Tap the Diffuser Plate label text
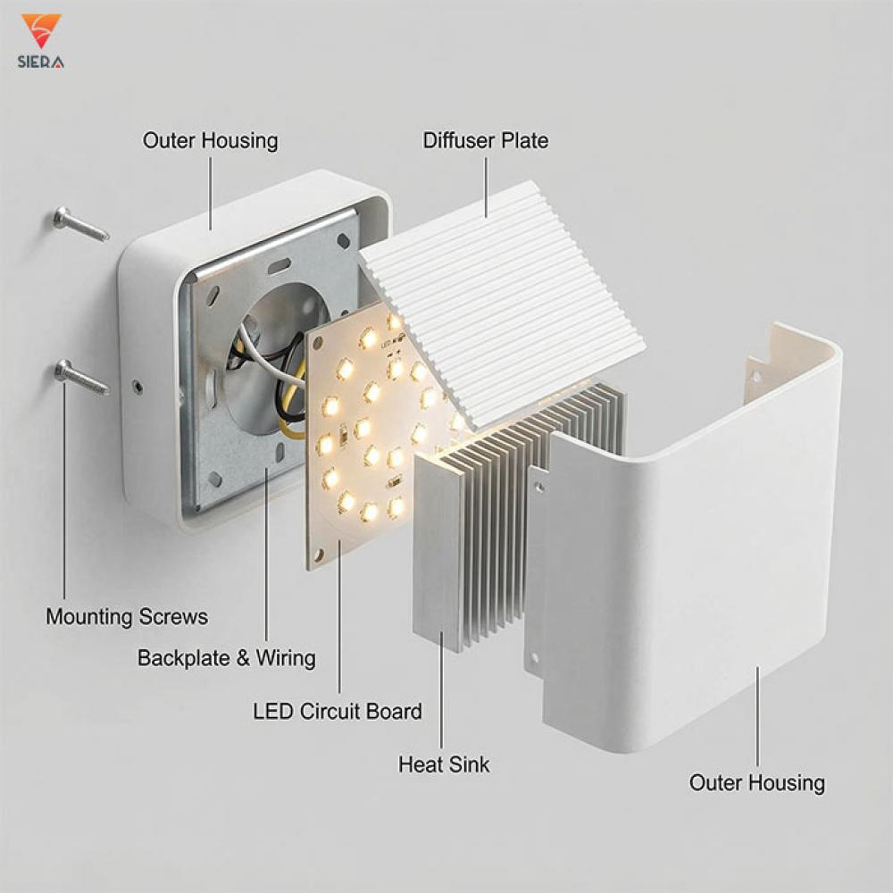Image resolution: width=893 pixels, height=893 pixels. [485, 140]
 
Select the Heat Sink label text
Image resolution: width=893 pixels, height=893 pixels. [444, 764]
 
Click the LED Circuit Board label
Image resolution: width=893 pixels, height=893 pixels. [338, 712]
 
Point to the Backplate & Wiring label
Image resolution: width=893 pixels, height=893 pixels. [226, 659]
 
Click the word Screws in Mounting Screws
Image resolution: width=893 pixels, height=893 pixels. [175, 617]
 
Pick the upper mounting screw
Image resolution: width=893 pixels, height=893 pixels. [79, 222]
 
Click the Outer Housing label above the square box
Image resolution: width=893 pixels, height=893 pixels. [210, 140]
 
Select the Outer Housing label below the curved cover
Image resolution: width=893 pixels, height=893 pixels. [756, 783]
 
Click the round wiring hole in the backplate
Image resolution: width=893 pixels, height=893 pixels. [268, 375]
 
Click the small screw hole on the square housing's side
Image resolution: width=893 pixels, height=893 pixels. [137, 387]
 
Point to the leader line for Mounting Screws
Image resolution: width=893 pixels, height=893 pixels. [63, 500]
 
